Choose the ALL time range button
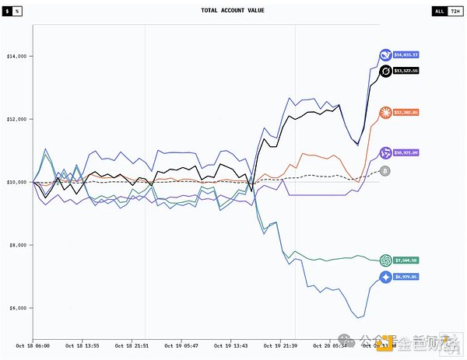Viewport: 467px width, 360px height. (x=439, y=12)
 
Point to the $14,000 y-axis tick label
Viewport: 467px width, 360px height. (x=17, y=56)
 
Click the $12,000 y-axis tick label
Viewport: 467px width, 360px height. (x=17, y=119)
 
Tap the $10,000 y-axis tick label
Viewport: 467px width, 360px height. (x=17, y=182)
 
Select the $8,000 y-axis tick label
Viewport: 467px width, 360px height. (x=17, y=245)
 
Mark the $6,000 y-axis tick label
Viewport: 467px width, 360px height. (x=17, y=308)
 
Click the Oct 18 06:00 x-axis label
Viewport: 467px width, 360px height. (x=32, y=344)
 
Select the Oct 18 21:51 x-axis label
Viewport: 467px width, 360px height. (x=132, y=344)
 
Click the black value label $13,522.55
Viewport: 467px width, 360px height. (x=406, y=71)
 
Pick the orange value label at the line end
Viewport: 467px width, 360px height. (x=406, y=113)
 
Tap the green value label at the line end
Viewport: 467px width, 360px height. (x=406, y=260)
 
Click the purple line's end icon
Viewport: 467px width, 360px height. (x=384, y=153)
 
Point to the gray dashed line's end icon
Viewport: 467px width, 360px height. (x=384, y=170)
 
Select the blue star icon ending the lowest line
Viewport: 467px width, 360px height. (x=384, y=277)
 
